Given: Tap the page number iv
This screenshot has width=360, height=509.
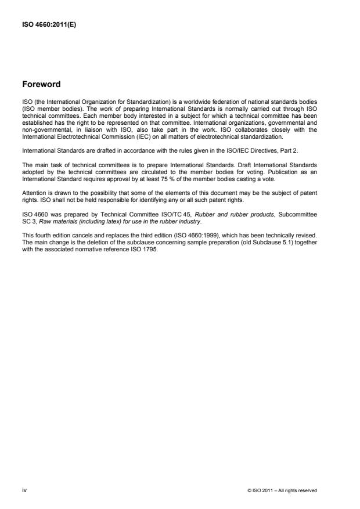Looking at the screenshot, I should pos(24,490).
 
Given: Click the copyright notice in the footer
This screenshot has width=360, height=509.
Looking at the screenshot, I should pos(282,491).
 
